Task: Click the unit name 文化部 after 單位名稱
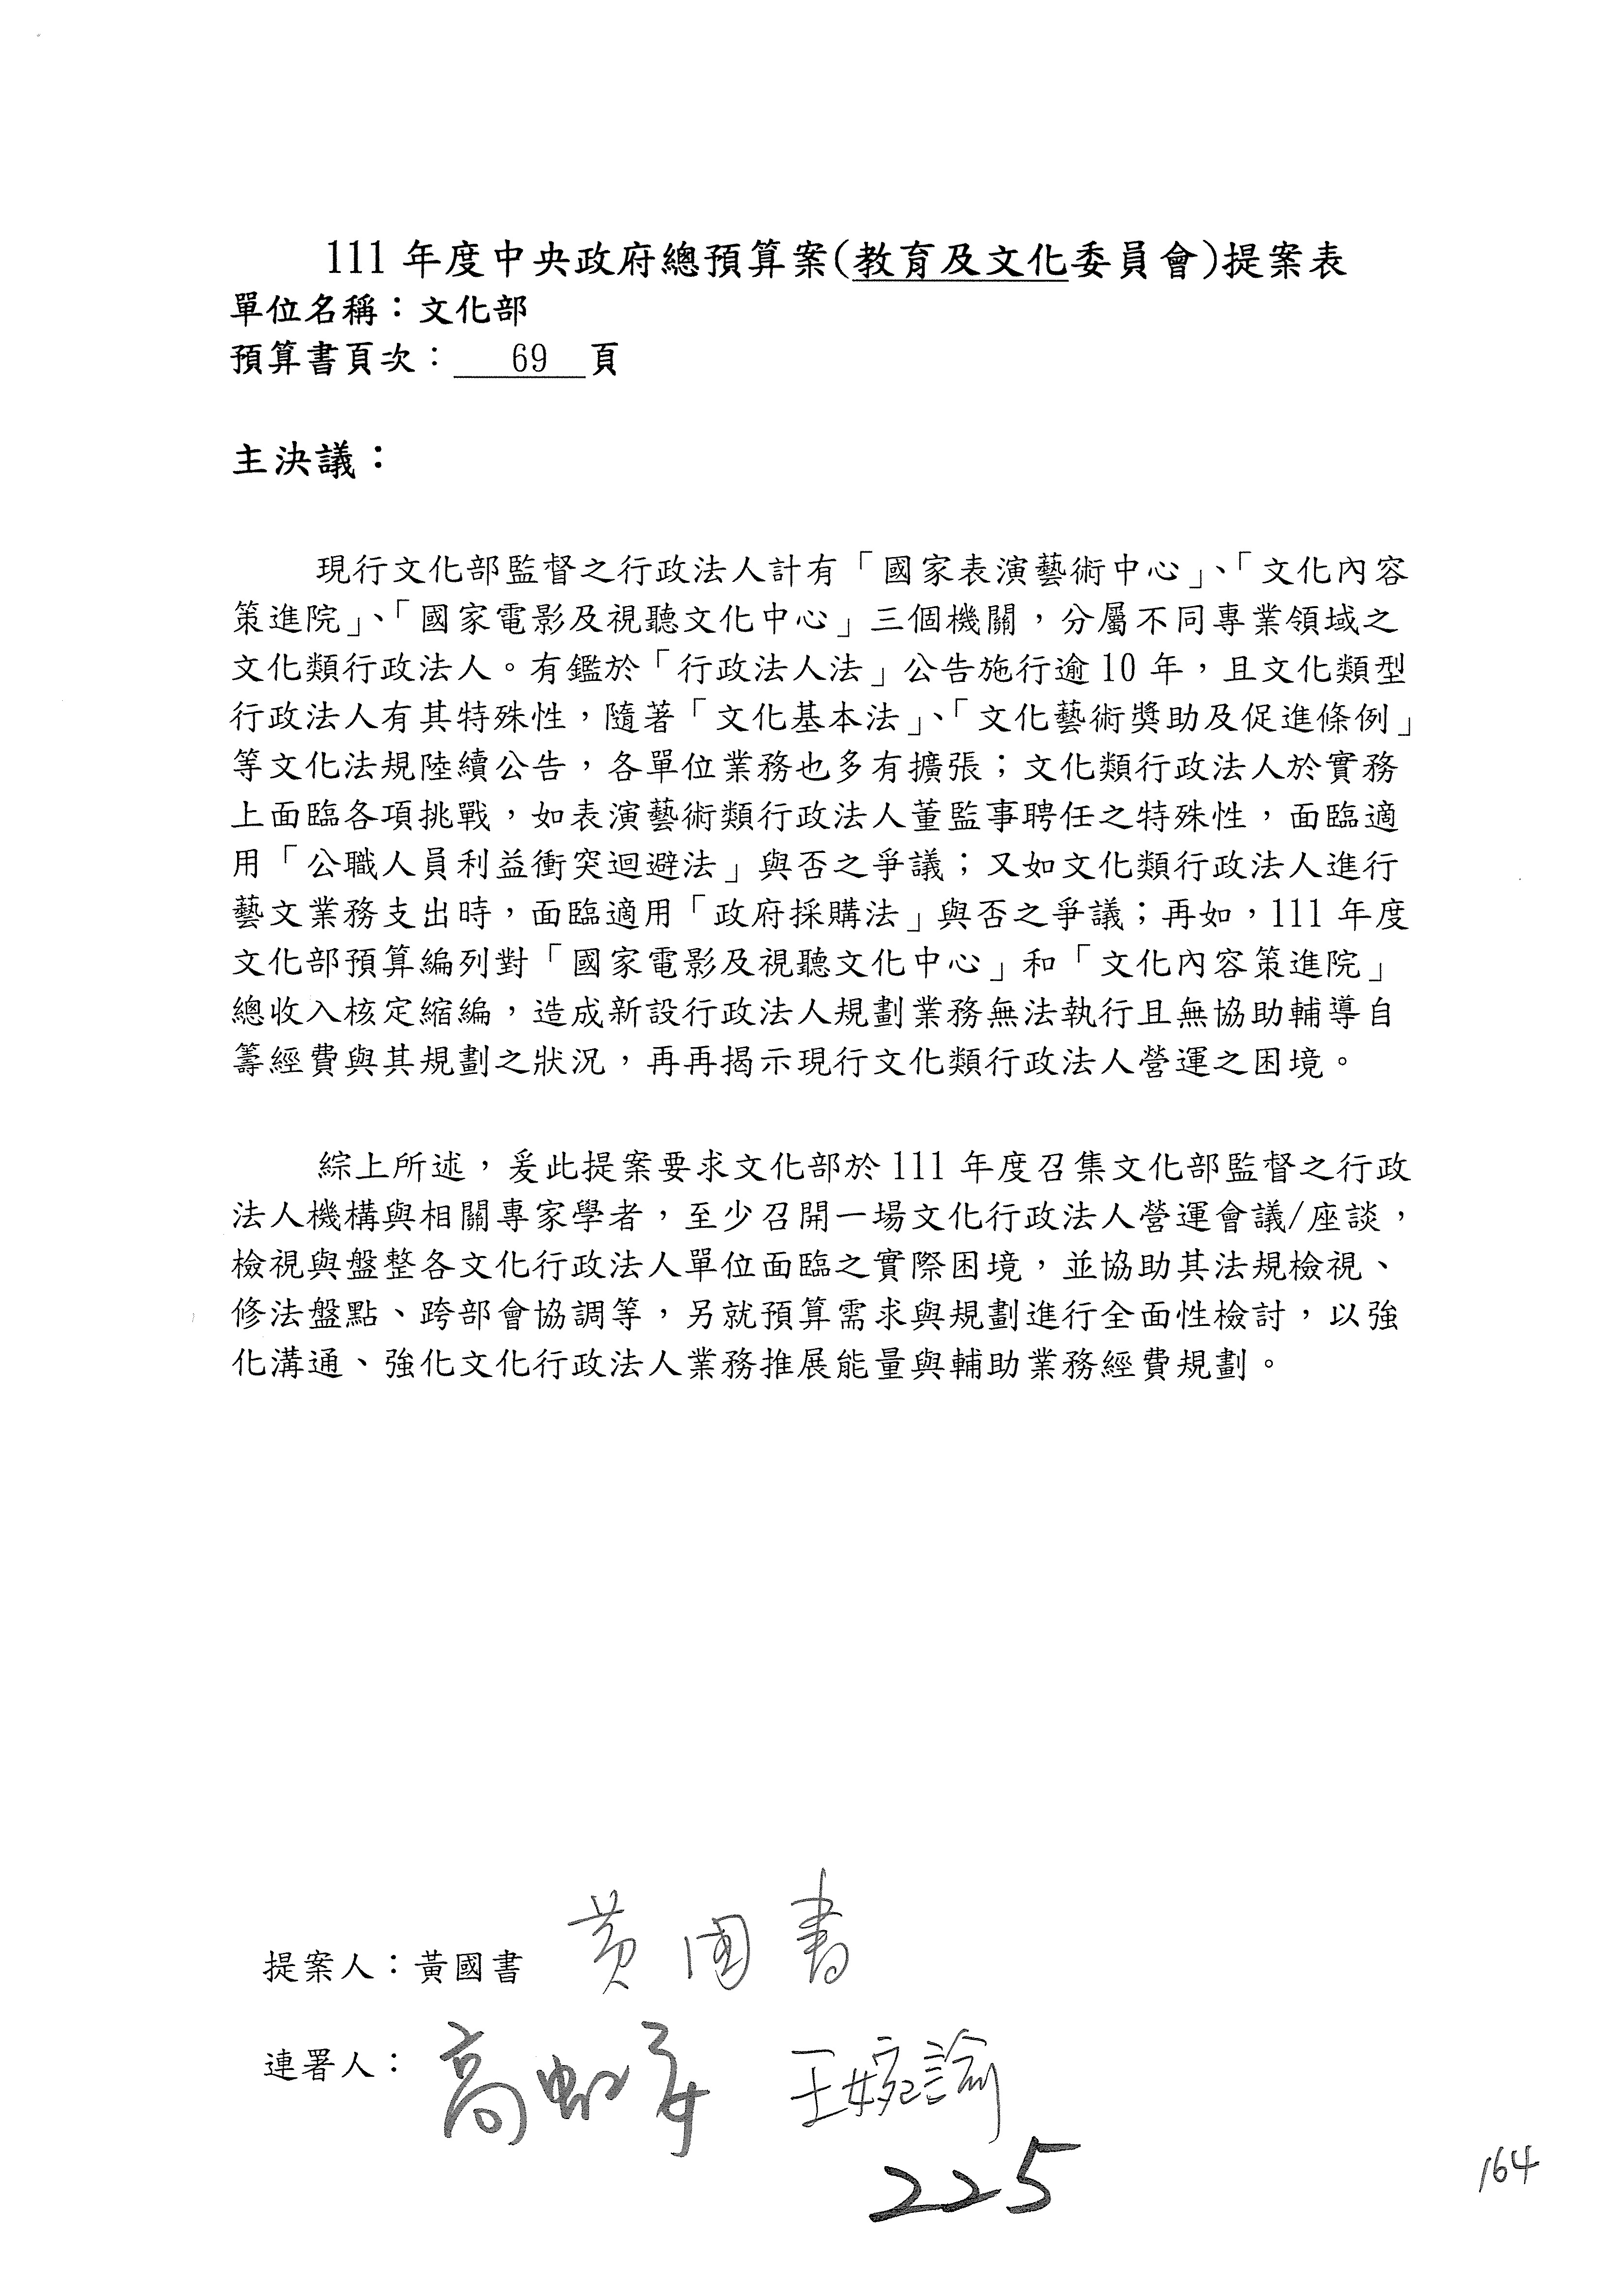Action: (x=473, y=311)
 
